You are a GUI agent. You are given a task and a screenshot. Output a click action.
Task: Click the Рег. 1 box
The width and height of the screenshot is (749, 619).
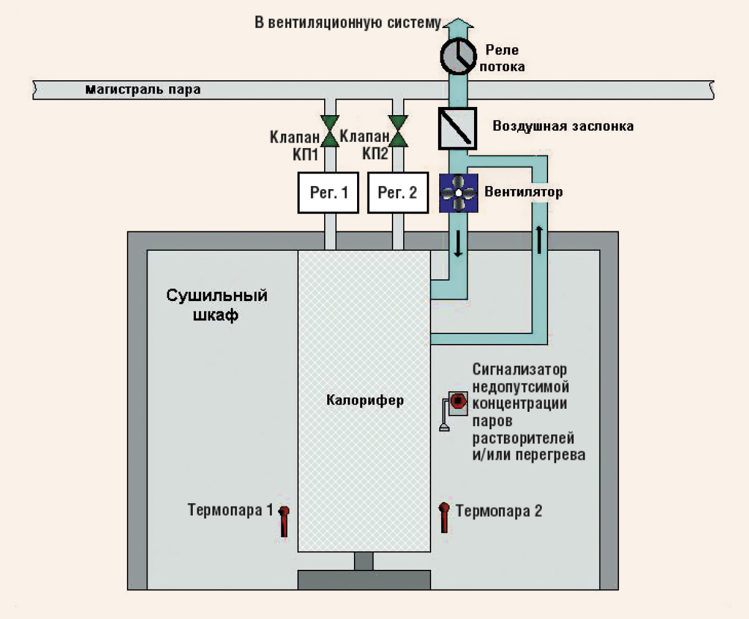(328, 193)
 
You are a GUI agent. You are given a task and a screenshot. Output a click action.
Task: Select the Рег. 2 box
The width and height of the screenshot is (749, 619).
(398, 193)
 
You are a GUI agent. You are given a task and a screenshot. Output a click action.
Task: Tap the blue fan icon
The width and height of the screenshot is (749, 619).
(458, 193)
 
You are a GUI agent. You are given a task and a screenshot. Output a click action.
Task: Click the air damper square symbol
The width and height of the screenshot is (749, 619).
(457, 128)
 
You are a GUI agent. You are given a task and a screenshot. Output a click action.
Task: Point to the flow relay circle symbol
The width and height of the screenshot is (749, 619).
(458, 57)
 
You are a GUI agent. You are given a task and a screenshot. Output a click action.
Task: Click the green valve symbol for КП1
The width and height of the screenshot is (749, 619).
(330, 131)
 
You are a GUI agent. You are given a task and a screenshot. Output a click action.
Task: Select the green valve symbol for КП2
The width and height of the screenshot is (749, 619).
(398, 131)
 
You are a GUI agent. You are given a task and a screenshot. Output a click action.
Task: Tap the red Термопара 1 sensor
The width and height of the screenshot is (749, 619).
(284, 521)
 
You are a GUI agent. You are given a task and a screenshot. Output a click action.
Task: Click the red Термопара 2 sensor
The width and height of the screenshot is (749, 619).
(444, 518)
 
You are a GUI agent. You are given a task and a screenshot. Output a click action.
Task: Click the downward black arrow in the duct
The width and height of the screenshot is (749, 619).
(458, 244)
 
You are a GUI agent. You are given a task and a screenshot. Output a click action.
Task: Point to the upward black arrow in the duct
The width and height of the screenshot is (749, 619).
(539, 240)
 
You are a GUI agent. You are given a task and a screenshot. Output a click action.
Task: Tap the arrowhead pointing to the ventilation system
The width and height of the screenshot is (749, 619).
(458, 23)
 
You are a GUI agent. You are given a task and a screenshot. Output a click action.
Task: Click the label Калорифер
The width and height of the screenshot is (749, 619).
(365, 401)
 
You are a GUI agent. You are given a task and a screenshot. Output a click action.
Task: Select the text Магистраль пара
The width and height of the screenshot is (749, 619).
(142, 90)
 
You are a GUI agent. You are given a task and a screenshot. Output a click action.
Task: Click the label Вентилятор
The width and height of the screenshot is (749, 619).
(523, 192)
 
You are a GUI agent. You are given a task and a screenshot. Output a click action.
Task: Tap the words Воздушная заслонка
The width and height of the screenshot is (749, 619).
(563, 126)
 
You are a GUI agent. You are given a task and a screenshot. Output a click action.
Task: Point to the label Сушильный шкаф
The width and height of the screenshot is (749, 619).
(216, 305)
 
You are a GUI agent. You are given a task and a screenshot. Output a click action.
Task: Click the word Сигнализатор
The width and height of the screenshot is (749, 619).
(519, 370)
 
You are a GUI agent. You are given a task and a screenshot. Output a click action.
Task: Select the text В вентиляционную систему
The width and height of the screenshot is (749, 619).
(348, 22)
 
